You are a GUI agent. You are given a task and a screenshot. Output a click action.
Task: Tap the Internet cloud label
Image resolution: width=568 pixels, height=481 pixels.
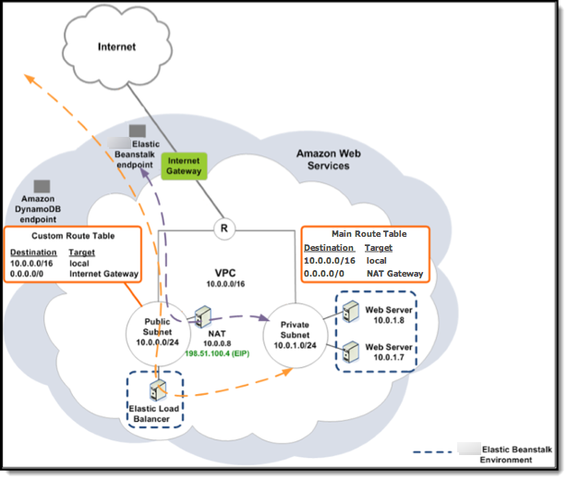coord(117,45)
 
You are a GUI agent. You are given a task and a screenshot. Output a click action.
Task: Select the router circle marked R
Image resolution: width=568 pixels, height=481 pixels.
coord(223,227)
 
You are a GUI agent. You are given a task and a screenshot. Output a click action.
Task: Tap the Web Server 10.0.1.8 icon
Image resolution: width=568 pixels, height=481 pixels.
coord(350,314)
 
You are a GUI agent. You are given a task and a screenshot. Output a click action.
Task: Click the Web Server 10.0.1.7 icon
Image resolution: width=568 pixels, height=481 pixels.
coord(350,352)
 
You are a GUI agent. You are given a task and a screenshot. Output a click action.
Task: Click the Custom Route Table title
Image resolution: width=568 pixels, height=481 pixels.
coord(73,237)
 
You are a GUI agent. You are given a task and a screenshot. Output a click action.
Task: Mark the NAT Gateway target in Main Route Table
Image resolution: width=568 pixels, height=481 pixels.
coord(394,274)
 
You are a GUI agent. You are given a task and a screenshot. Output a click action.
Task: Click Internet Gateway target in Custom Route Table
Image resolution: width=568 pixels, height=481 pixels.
coord(103,274)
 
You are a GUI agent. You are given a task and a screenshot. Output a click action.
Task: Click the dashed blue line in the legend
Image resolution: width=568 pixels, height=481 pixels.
coord(434,452)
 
